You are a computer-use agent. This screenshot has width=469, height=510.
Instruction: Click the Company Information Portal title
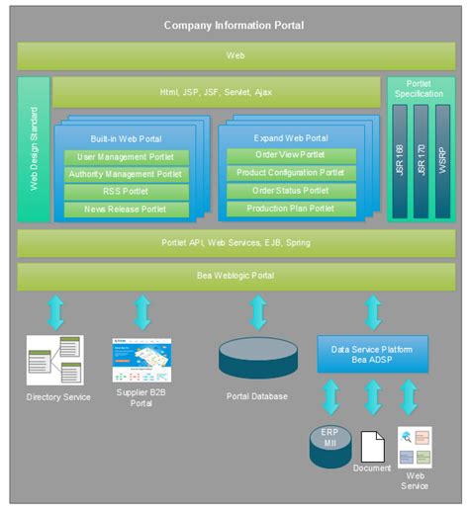pyautogui.click(x=234, y=25)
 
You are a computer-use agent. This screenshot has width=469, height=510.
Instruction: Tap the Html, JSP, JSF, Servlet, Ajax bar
pyautogui.click(x=216, y=93)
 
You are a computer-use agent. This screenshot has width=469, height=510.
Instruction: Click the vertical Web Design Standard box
pyautogui.click(x=34, y=149)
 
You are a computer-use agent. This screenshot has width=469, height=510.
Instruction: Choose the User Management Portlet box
pyautogui.click(x=126, y=157)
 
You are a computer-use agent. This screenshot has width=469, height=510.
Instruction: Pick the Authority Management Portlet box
pyautogui.click(x=126, y=175)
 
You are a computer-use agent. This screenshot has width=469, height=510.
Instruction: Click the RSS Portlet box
pyautogui.click(x=126, y=192)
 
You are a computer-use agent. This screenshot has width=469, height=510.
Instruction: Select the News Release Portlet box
pyautogui.click(x=126, y=210)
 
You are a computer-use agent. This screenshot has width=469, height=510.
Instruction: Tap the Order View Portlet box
pyautogui.click(x=291, y=155)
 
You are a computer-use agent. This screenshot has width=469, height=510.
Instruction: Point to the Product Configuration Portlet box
pyautogui.click(x=291, y=173)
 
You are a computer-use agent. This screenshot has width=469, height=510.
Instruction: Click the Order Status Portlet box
pyautogui.click(x=291, y=191)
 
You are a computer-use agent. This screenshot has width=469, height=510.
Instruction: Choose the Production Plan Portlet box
pyautogui.click(x=291, y=209)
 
